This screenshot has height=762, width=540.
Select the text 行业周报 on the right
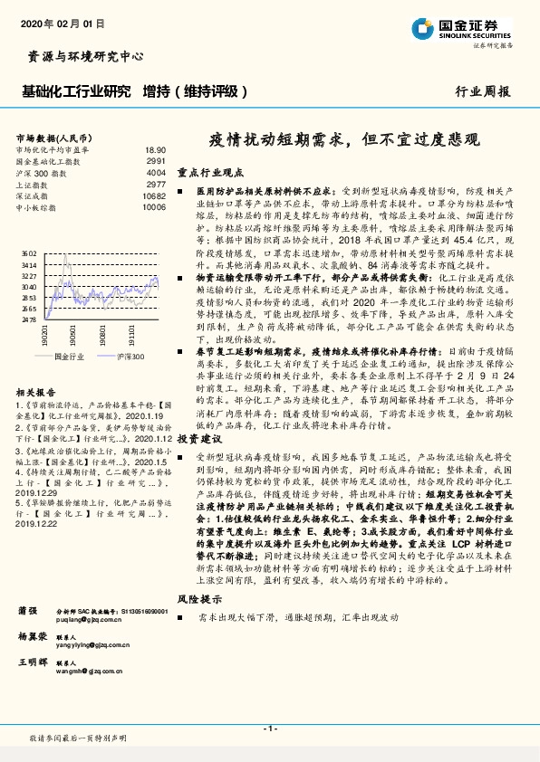482,91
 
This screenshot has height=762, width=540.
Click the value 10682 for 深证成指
154,195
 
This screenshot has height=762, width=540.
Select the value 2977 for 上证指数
155,184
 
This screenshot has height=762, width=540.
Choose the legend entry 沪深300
130,357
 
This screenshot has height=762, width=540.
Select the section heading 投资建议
198,437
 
